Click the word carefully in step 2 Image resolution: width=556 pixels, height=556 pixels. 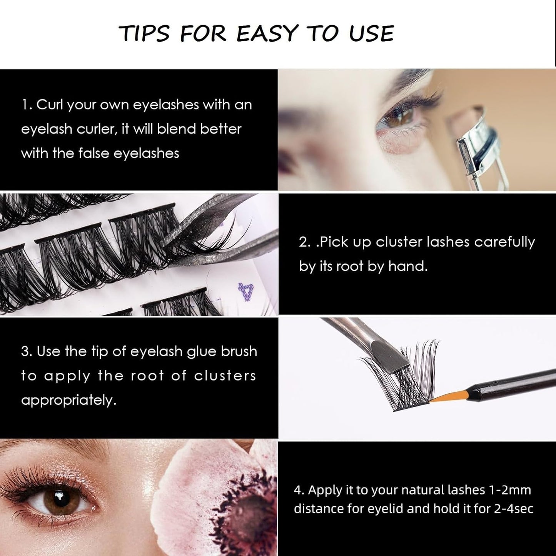[x=504, y=242]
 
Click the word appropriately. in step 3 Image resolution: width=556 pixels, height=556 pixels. [x=68, y=400]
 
